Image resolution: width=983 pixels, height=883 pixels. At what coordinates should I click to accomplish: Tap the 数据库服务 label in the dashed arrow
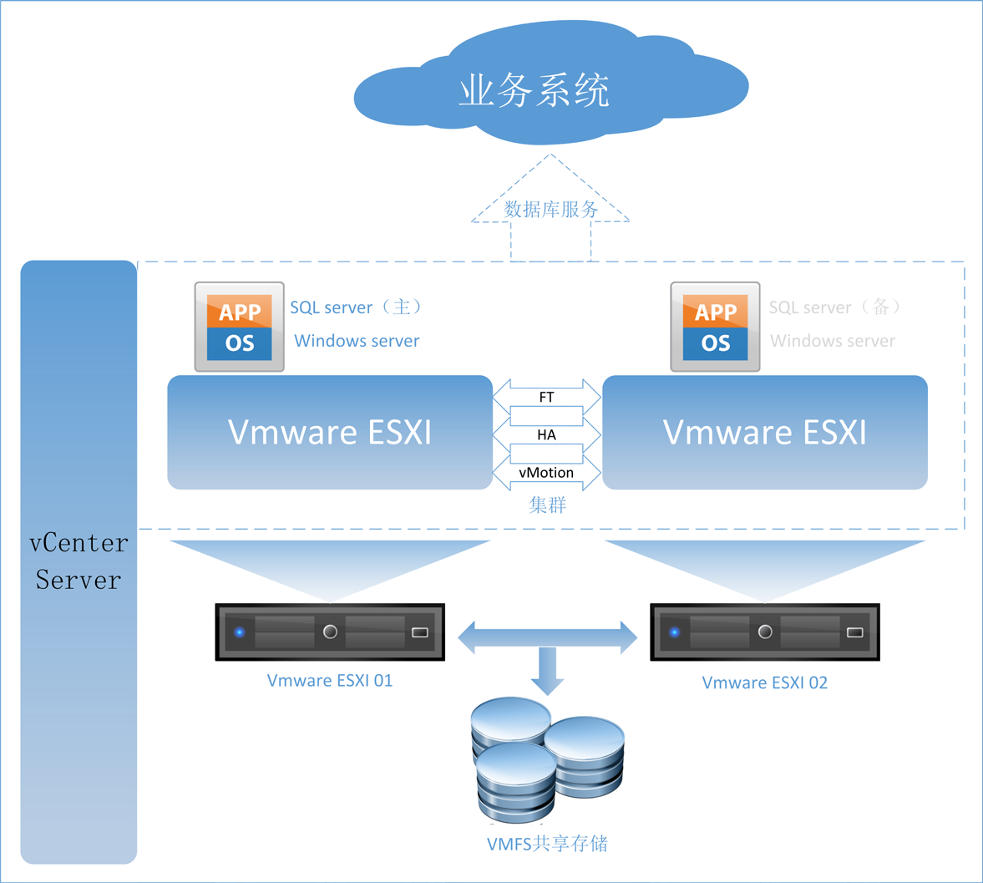pyautogui.click(x=550, y=210)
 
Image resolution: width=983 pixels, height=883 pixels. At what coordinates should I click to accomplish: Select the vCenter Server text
pyautogui.click(x=79, y=561)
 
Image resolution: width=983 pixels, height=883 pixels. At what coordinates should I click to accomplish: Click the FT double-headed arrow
pyautogui.click(x=546, y=398)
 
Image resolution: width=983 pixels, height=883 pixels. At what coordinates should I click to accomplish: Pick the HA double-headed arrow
pyautogui.click(x=546, y=435)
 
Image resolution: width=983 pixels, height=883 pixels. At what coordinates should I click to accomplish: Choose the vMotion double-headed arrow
pyautogui.click(x=546, y=473)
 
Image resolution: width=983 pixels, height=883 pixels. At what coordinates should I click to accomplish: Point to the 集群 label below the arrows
pyautogui.click(x=548, y=505)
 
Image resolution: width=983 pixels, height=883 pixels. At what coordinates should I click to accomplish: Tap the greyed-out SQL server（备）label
pyautogui.click(x=835, y=307)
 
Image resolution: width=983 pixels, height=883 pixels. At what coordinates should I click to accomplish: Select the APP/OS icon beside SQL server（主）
pyautogui.click(x=240, y=327)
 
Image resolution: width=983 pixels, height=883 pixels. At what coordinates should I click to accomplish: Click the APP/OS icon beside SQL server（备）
pyautogui.click(x=716, y=327)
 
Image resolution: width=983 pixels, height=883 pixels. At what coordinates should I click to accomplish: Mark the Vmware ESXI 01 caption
pyautogui.click(x=330, y=681)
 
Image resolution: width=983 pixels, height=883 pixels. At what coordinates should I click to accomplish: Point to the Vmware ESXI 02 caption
pyautogui.click(x=765, y=683)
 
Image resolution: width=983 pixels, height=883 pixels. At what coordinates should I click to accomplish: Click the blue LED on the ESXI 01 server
pyautogui.click(x=240, y=632)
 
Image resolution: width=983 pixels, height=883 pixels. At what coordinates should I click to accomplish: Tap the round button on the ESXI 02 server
pyautogui.click(x=765, y=632)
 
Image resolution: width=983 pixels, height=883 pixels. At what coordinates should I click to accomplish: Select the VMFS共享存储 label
pyautogui.click(x=547, y=844)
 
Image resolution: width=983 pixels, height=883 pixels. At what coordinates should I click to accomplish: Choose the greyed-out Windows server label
pyautogui.click(x=833, y=341)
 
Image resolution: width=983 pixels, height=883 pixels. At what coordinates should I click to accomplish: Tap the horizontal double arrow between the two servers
pyautogui.click(x=548, y=637)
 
